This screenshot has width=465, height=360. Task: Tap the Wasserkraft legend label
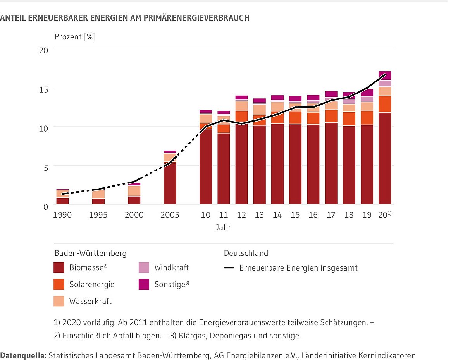pyautogui.click(x=90, y=301)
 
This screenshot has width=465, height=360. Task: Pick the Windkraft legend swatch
pyautogui.click(x=144, y=268)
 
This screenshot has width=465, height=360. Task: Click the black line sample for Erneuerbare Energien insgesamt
pyautogui.click(x=229, y=268)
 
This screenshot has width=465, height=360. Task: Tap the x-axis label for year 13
pyautogui.click(x=259, y=215)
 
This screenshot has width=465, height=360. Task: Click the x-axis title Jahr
pyautogui.click(x=224, y=228)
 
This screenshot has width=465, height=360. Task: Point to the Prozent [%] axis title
pyautogui.click(x=75, y=37)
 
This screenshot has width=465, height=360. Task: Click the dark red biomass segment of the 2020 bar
pyautogui.click(x=385, y=159)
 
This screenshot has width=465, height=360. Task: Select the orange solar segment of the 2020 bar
pyautogui.click(x=385, y=104)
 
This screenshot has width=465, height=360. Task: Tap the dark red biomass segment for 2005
pyautogui.click(x=170, y=184)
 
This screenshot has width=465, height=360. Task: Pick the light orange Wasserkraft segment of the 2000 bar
pyautogui.click(x=134, y=191)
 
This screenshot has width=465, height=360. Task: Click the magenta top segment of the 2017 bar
pyautogui.click(x=331, y=94)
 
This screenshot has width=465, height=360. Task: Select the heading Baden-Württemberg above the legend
pyautogui.click(x=90, y=254)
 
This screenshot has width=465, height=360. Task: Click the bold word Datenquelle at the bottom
pyautogui.click(x=23, y=355)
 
